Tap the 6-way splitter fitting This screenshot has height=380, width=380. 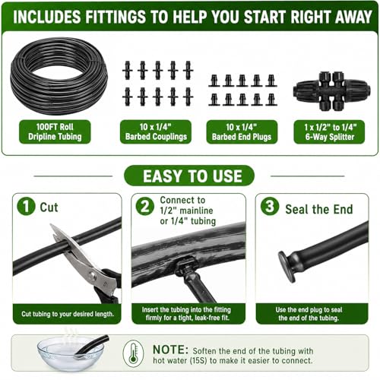(331, 91)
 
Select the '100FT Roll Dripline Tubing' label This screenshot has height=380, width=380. (55, 131)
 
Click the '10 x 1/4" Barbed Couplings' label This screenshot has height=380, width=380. (156, 131)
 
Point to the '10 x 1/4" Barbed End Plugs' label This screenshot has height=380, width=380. (242, 131)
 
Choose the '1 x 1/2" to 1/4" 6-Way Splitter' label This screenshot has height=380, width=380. (329, 131)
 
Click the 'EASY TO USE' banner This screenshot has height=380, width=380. (189, 176)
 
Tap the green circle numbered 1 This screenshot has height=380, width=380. (26, 207)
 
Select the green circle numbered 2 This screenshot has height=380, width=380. (145, 207)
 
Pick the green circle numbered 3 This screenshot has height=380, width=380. (270, 206)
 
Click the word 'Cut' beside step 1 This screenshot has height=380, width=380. (49, 207)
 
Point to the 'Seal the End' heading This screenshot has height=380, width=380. (319, 209)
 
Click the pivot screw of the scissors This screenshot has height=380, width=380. (92, 275)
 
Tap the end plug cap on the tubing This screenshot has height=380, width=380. (287, 267)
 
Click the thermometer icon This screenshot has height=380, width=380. (133, 353)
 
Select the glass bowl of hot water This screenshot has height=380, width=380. (71, 354)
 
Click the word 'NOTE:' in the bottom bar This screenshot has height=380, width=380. (171, 350)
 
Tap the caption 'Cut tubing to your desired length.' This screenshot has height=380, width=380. (68, 314)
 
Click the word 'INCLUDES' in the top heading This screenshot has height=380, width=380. (47, 17)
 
